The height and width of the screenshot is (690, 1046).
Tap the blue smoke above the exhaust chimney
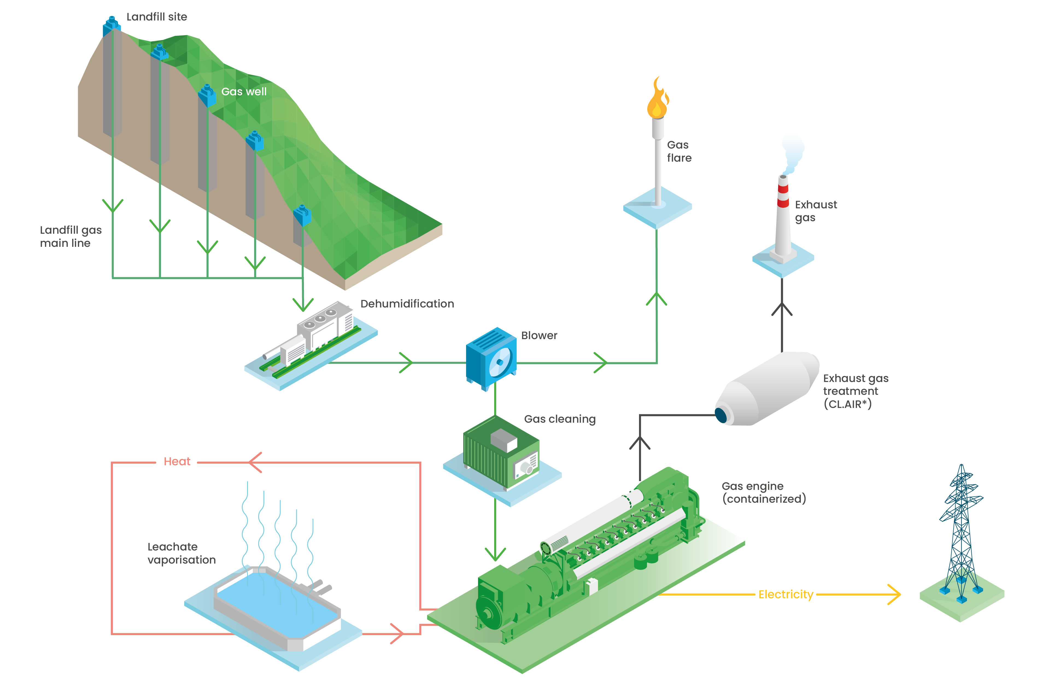[x=793, y=150]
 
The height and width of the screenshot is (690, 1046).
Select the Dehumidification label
[x=407, y=304]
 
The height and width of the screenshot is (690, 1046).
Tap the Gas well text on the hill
[x=244, y=91]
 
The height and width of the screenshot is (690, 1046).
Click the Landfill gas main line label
[x=71, y=236]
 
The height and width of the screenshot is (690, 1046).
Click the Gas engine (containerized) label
[x=764, y=492]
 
